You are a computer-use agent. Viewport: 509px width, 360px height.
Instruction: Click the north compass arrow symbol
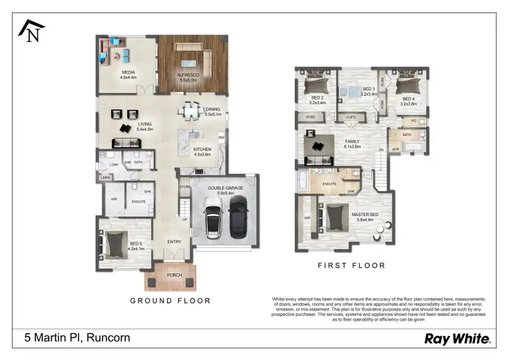pos(31,31)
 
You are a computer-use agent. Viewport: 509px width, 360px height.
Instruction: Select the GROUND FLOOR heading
pos(170,300)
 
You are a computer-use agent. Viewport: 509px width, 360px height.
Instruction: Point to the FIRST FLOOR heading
pos(352,266)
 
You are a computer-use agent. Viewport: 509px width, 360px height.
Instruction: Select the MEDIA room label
pos(129,73)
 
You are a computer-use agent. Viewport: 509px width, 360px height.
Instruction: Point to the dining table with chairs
pos(190,111)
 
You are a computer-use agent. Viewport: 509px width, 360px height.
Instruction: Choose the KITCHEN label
pos(202,151)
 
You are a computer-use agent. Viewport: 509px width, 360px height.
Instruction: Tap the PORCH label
pos(174,275)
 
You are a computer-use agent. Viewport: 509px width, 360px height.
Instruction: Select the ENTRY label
pos(174,241)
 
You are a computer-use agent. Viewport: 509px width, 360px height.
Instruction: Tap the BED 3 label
pos(368,89)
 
